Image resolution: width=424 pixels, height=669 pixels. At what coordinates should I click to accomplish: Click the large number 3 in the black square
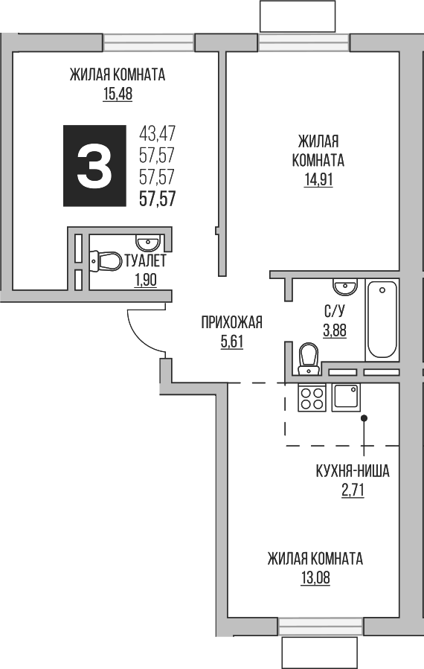pyautogui.click(x=94, y=165)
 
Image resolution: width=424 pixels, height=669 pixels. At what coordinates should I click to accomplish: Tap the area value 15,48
pyautogui.click(x=116, y=94)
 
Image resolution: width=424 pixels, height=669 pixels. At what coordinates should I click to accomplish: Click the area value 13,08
pyautogui.click(x=315, y=577)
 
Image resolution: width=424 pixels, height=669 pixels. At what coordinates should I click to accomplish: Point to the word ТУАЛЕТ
pyautogui.click(x=145, y=261)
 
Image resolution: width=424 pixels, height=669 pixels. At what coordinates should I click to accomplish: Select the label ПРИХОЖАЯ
pyautogui.click(x=232, y=322)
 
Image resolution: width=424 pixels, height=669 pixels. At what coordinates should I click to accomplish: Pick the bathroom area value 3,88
pyautogui.click(x=333, y=331)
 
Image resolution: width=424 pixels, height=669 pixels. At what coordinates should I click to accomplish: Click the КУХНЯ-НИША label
pyautogui.click(x=353, y=471)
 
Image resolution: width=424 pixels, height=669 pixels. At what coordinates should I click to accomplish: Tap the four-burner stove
pyautogui.click(x=311, y=398)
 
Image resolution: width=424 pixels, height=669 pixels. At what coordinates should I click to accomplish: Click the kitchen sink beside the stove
pyautogui.click(x=347, y=397)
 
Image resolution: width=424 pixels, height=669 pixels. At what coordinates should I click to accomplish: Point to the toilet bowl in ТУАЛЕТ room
pyautogui.click(x=106, y=261)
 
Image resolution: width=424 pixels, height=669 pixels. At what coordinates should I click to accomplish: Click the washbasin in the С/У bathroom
pyautogui.click(x=344, y=286)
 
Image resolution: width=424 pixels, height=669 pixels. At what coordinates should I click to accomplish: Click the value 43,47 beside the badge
pyautogui.click(x=157, y=134)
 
